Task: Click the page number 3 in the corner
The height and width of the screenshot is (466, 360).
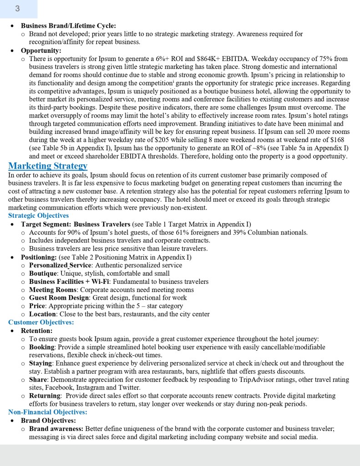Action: pyautogui.click(x=17, y=9)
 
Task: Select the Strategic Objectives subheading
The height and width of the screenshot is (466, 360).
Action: pyautogui.click(x=39, y=215)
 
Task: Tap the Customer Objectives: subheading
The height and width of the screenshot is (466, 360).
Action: pyautogui.click(x=41, y=322)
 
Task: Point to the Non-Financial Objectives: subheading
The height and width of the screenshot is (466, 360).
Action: pyautogui.click(x=48, y=412)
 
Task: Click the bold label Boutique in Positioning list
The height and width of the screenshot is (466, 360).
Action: pyautogui.click(x=43, y=273)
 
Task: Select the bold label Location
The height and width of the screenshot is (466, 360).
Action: pyautogui.click(x=43, y=314)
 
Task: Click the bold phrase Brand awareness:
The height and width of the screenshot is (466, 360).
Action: pyautogui.click(x=56, y=429)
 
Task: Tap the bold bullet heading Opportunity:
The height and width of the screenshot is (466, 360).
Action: pyautogui.click(x=41, y=51)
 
